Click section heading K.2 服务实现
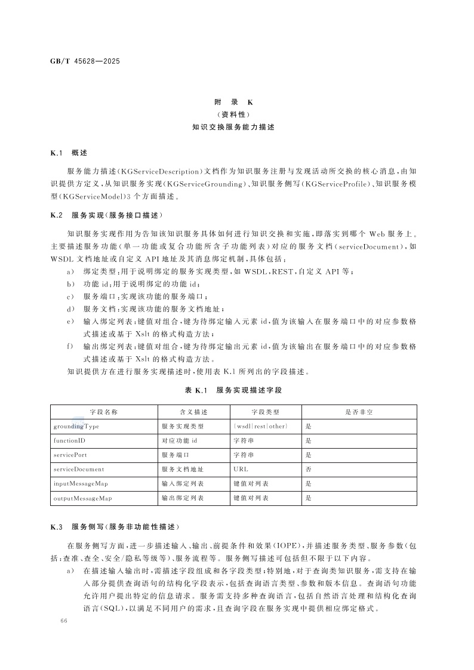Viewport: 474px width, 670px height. [106, 214]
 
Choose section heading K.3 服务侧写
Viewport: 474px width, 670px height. [114, 527]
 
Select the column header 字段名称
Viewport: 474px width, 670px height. [104, 412]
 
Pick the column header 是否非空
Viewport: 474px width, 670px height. [359, 412]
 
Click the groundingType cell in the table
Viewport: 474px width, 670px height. [76, 427]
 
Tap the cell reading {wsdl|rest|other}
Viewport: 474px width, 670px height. [261, 427]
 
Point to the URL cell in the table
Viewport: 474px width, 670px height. [241, 469]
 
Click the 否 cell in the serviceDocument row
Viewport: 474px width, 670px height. [308, 469]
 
